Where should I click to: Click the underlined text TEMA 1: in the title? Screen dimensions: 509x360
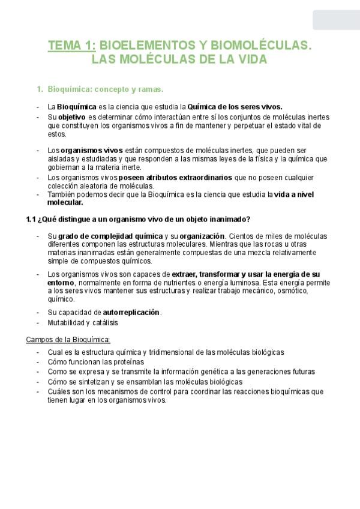71,45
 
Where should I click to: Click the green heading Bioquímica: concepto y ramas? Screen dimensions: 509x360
105,89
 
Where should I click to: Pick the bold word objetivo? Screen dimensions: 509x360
72,116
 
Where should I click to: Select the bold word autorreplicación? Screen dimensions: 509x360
131,313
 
